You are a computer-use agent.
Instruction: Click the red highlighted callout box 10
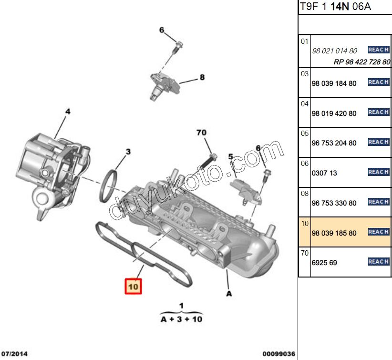[x=133, y=286]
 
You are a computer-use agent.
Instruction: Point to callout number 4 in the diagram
[x=68, y=112]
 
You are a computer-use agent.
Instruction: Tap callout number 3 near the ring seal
[x=128, y=152]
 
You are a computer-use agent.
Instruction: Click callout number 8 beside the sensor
[x=202, y=77]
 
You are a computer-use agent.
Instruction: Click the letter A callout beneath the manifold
[x=229, y=294]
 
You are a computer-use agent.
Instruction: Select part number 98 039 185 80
[x=334, y=233]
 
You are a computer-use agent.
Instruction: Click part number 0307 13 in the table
[x=324, y=173]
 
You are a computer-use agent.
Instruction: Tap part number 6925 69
[x=324, y=263]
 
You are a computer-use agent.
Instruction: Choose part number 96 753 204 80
[x=334, y=143]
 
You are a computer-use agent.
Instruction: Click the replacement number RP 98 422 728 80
[x=361, y=62]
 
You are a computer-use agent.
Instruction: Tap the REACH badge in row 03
[x=379, y=82]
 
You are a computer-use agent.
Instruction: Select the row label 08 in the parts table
[x=305, y=193]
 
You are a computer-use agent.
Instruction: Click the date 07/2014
[x=14, y=353]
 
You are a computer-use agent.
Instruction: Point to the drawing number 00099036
[x=278, y=353]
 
